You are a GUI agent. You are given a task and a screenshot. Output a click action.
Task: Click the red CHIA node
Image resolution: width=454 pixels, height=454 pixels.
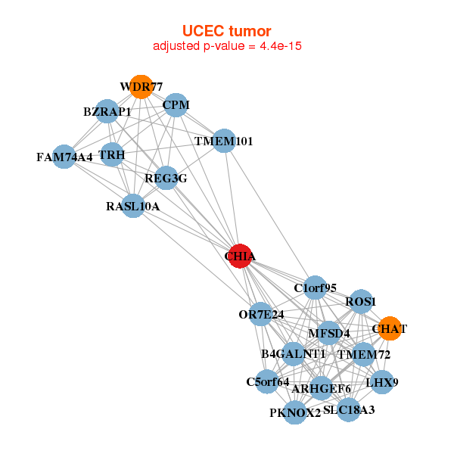pyautogui.click(x=240, y=256)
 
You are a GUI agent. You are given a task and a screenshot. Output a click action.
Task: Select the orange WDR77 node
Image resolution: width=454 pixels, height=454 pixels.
pyautogui.click(x=140, y=87)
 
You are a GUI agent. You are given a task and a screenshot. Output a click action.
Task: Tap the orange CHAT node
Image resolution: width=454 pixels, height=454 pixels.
pyautogui.click(x=389, y=328)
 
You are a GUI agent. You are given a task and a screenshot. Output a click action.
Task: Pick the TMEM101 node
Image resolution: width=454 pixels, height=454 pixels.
pyautogui.click(x=224, y=141)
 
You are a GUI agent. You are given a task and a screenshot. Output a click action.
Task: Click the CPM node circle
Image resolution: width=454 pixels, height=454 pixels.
pyautogui.click(x=176, y=105)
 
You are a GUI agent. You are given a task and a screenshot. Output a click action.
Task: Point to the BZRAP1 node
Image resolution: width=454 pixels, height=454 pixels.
pyautogui.click(x=107, y=111)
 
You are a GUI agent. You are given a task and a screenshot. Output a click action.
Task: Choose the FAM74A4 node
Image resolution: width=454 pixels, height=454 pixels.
pyautogui.click(x=64, y=157)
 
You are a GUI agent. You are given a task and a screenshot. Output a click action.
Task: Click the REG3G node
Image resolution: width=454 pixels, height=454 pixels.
pyautogui.click(x=166, y=179)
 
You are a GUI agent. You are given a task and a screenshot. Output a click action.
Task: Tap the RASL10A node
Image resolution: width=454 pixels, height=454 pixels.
pyautogui.click(x=133, y=206)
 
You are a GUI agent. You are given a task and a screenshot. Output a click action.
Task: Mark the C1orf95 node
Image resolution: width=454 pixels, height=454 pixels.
pyautogui.click(x=316, y=288)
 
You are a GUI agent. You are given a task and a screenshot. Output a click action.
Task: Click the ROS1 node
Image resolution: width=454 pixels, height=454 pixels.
pyautogui.click(x=361, y=301)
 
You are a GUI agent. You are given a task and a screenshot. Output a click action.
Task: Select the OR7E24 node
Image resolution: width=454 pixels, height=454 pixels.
pyautogui.click(x=261, y=314)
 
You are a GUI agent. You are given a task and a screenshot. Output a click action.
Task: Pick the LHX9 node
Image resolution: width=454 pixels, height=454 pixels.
pyautogui.click(x=381, y=381)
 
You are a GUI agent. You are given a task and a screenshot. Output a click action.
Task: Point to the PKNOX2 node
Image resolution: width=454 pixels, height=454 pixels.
pyautogui.click(x=296, y=413)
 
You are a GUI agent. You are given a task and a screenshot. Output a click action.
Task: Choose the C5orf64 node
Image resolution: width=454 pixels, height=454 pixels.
pyautogui.click(x=268, y=381)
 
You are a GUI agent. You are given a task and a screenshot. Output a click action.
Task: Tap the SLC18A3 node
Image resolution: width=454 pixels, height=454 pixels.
pyautogui.click(x=348, y=410)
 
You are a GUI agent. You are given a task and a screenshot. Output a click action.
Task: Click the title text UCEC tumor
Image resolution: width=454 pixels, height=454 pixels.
pyautogui.click(x=226, y=31)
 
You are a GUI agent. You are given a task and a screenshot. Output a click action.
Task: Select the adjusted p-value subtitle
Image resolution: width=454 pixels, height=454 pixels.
pyautogui.click(x=228, y=46)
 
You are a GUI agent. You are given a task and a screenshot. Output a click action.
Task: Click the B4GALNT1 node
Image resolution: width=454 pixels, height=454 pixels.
pyautogui.click(x=294, y=353)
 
